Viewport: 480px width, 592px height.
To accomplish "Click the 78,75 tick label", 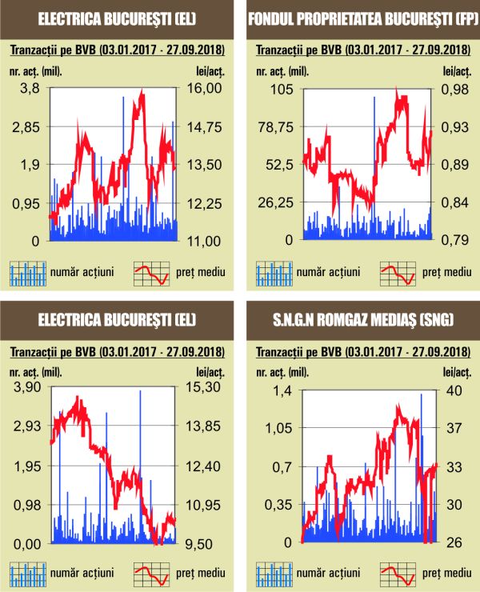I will (x=274, y=126).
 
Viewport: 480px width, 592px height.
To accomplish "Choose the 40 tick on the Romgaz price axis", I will (x=454, y=390).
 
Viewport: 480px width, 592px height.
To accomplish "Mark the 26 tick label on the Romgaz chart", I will (x=454, y=543).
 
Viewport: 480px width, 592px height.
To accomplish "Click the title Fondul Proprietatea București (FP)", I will (x=359, y=21).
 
